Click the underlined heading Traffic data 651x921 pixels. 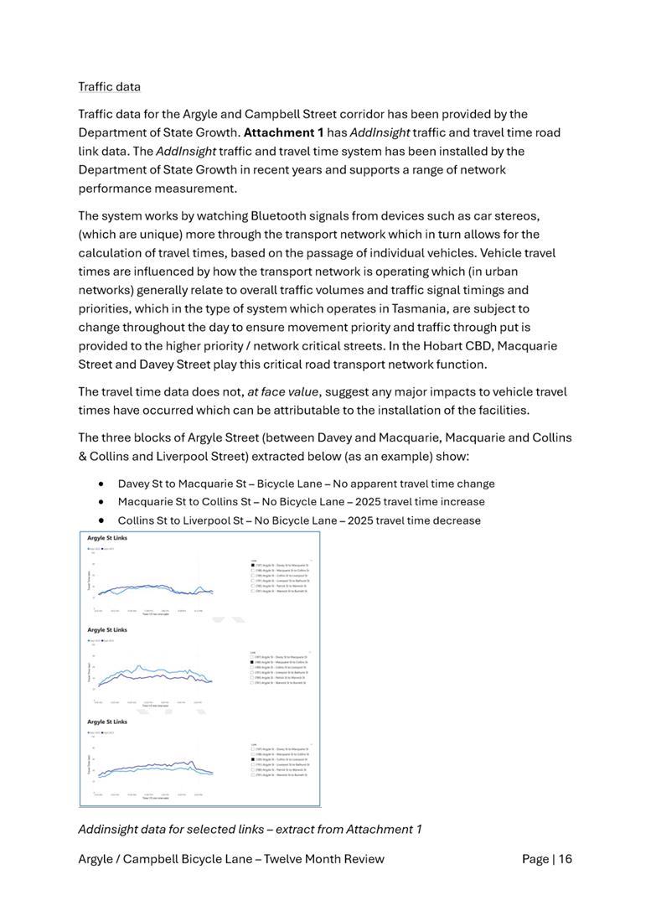(x=109, y=86)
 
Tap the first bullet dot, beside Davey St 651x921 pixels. (x=101, y=484)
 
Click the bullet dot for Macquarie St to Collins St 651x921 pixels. (x=101, y=502)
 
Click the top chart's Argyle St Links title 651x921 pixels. (x=107, y=537)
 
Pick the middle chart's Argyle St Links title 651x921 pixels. (x=107, y=629)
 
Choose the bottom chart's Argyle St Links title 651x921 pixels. (x=107, y=721)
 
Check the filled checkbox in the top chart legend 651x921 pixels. (x=253, y=566)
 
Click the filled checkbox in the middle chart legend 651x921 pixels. (x=253, y=662)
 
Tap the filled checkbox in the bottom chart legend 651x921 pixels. (x=253, y=759)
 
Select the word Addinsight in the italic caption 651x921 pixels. (x=110, y=829)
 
